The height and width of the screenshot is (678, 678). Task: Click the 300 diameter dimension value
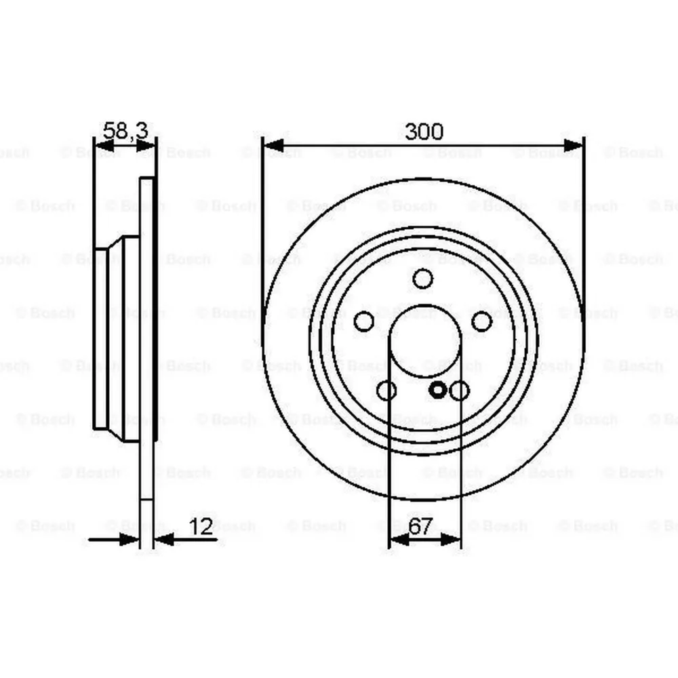click(424, 132)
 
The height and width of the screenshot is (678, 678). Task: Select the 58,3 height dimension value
click(126, 131)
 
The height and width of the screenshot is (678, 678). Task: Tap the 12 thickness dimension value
click(201, 527)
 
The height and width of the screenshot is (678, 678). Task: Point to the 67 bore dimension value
click(420, 527)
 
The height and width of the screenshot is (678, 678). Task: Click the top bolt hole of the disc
click(423, 279)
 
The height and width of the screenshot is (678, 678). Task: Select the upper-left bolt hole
click(364, 321)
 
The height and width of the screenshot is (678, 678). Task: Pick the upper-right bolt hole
click(481, 321)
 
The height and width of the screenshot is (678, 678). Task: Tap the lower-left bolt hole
click(386, 391)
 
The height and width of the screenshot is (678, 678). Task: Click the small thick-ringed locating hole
click(438, 390)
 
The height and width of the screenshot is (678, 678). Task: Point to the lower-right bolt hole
click(459, 391)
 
